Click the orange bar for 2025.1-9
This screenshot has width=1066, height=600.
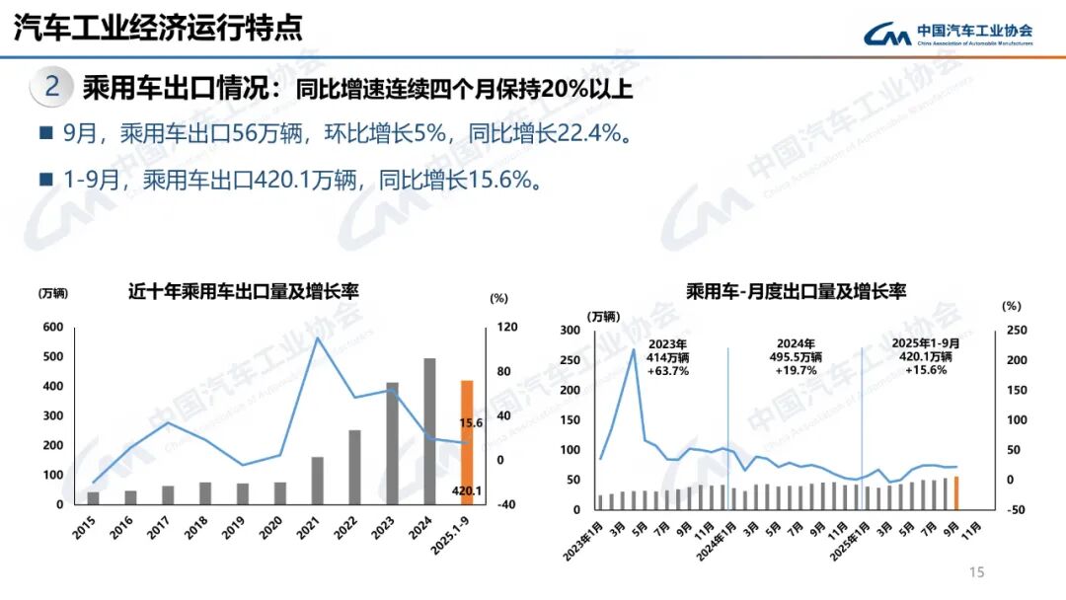pyautogui.click(x=467, y=441)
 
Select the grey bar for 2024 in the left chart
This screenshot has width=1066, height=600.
pyautogui.click(x=429, y=431)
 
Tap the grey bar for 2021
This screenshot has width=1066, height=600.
pyautogui.click(x=317, y=481)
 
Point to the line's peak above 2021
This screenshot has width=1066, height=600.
pyautogui.click(x=317, y=338)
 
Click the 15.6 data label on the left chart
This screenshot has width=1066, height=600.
pyautogui.click(x=471, y=423)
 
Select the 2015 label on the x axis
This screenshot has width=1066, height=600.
pyautogui.click(x=86, y=526)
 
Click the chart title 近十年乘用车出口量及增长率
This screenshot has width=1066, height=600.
pyautogui.click(x=243, y=291)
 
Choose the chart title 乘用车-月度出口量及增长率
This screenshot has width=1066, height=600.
pyautogui.click(x=796, y=291)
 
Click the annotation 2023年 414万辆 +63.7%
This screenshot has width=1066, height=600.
pyautogui.click(x=668, y=357)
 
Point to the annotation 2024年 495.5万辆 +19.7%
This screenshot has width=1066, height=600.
pyautogui.click(x=795, y=357)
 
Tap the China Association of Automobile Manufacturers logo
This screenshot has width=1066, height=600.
pyautogui.click(x=948, y=35)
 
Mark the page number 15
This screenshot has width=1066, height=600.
pyautogui.click(x=977, y=572)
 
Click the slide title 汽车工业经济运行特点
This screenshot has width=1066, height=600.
pyautogui.click(x=158, y=28)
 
